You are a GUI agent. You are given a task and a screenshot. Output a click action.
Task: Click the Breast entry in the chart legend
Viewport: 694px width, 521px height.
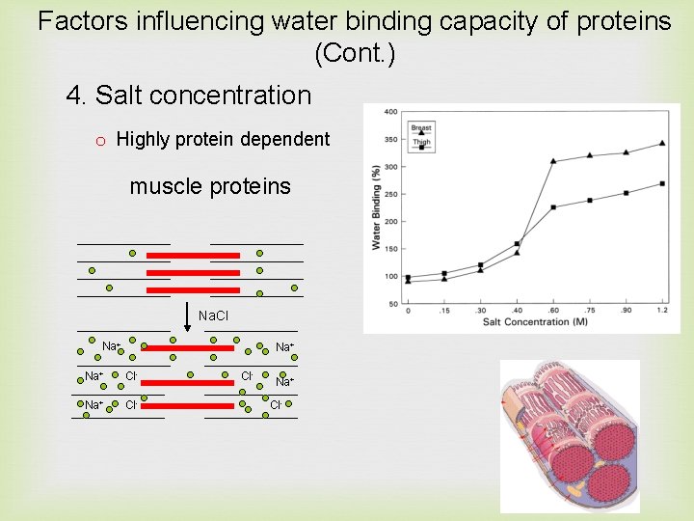tap(420, 127)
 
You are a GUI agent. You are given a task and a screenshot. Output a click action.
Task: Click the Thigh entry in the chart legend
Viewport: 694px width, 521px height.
tap(420, 143)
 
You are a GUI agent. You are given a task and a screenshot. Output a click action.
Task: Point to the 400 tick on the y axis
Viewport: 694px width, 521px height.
tap(391, 112)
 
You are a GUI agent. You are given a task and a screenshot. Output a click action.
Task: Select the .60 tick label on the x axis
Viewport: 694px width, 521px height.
tap(552, 311)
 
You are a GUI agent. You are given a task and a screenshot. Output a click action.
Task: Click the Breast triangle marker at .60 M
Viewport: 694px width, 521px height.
tap(552, 161)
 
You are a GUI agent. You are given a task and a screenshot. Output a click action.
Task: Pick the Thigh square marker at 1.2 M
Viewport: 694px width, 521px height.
tap(661, 183)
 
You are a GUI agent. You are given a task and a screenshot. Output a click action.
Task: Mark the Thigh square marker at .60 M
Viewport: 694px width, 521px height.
tap(552, 207)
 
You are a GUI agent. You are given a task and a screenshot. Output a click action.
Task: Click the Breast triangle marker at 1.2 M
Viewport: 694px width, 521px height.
tap(661, 144)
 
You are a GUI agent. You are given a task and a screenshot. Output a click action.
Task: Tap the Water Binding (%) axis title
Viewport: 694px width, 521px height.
tap(376, 207)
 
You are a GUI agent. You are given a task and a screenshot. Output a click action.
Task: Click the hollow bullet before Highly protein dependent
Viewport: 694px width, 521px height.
tap(99, 141)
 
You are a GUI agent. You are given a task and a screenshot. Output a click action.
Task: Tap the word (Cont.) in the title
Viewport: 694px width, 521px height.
tap(355, 55)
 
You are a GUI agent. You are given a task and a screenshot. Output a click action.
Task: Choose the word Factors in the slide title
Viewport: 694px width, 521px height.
tap(84, 21)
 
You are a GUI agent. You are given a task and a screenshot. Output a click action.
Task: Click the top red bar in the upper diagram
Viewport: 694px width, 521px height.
tap(193, 256)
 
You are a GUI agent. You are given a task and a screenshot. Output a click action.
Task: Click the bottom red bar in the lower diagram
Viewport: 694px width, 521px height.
tap(188, 406)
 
